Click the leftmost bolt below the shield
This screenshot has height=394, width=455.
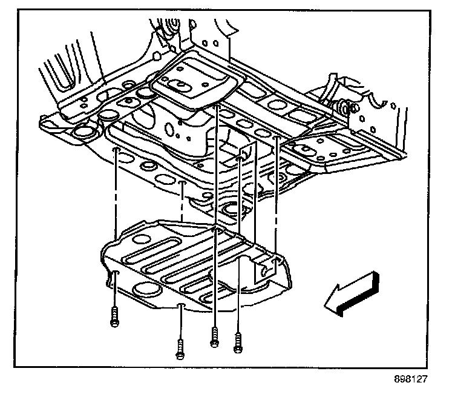(114, 316)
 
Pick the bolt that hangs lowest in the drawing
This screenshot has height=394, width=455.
(180, 350)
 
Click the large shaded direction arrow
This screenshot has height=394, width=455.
(351, 295)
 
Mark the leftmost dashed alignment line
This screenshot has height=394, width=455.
(115, 194)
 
